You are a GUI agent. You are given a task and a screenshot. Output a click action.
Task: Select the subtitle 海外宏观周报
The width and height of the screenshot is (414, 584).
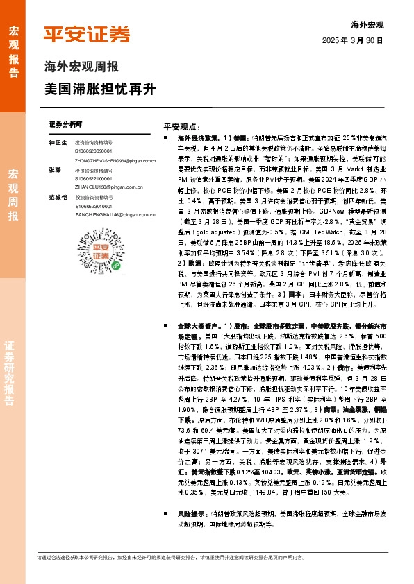(x=81, y=67)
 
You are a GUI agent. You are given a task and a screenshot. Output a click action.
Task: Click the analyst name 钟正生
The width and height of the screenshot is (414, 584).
(x=57, y=141)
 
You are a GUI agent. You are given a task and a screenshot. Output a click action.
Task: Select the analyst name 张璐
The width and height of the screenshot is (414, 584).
(x=55, y=169)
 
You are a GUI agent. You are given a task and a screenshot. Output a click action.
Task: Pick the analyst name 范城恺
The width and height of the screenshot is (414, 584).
(x=58, y=198)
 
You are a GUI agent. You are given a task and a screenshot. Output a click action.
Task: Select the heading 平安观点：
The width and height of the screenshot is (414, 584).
(x=182, y=128)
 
